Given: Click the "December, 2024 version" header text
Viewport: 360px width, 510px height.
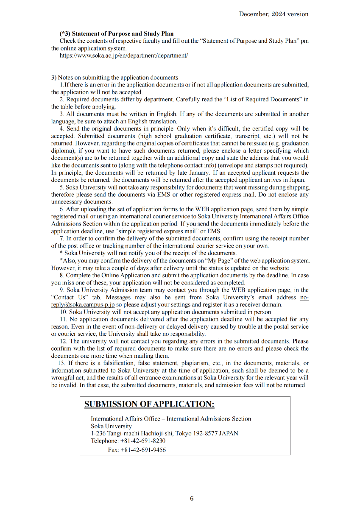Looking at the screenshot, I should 273,14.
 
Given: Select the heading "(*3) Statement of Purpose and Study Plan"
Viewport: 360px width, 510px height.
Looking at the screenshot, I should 117,33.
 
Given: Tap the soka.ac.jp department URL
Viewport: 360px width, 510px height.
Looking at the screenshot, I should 123,56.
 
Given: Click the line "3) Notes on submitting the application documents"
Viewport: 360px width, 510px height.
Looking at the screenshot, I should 114,78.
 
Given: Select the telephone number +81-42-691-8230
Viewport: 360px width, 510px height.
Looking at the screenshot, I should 143,440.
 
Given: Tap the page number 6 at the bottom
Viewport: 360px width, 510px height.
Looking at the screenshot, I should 192,499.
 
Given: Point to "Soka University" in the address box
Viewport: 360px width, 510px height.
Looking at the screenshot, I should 111,426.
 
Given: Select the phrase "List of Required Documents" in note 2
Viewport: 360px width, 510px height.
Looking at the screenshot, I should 253,100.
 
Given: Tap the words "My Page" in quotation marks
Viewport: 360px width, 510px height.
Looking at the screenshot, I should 220,261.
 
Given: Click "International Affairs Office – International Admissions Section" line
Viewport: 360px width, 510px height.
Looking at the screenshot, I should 171,419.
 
